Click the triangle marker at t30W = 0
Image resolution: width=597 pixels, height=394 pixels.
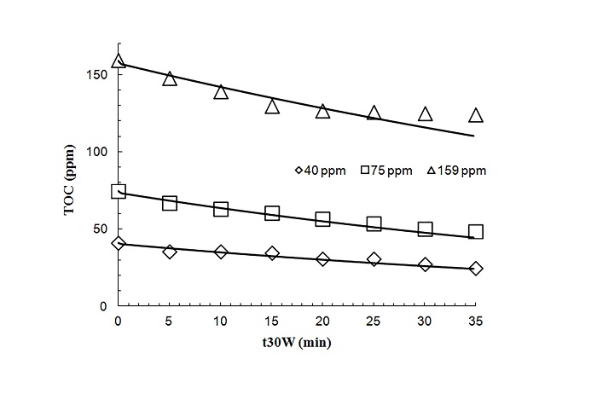(x=119, y=61)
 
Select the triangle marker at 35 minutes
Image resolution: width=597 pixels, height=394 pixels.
(x=476, y=115)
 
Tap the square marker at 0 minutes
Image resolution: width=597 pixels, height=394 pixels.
(x=119, y=192)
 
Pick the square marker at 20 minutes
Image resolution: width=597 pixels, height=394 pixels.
(x=322, y=219)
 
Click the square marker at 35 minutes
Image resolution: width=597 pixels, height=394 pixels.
(x=476, y=232)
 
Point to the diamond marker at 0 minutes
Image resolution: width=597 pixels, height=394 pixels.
(x=119, y=243)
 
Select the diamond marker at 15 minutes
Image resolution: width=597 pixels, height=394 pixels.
(x=272, y=253)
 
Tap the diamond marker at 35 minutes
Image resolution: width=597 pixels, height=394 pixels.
(x=476, y=268)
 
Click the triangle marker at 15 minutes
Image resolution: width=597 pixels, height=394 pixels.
(x=272, y=107)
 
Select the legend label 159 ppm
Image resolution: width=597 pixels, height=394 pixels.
(x=461, y=171)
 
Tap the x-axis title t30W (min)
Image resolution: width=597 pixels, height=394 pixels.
(x=297, y=345)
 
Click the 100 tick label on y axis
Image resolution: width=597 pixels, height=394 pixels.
(x=94, y=152)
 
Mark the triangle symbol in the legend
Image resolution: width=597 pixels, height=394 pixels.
(x=430, y=171)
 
